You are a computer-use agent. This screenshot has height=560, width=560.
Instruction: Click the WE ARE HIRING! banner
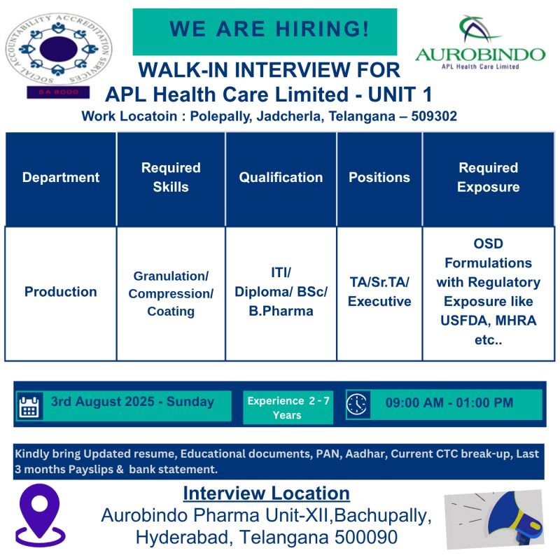tap(265, 31)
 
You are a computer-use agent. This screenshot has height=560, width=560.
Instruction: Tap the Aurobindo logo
tap(480, 43)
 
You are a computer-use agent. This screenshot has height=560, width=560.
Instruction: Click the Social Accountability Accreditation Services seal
tap(59, 48)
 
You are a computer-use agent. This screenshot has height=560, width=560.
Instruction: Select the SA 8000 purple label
tap(58, 92)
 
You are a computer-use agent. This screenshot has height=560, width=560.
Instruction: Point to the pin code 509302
tap(434, 116)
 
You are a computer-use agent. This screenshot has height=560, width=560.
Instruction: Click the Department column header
tap(61, 178)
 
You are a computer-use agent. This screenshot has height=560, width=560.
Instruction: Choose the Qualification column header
tap(281, 178)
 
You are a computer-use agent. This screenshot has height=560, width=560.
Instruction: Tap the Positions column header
tap(379, 178)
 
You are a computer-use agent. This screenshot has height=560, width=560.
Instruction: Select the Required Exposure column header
tap(488, 178)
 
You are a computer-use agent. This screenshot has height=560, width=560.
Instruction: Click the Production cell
tap(61, 292)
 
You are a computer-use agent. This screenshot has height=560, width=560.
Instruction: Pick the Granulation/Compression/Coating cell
tap(171, 293)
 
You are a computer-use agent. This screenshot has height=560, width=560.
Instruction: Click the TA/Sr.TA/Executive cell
tap(379, 292)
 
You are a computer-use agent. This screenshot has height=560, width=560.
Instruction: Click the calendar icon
tap(29, 407)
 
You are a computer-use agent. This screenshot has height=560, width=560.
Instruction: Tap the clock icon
tap(357, 404)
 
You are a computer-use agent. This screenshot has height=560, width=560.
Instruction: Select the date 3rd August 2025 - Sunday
tap(132, 402)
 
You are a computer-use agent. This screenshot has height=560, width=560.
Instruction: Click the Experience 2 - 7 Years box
tap(288, 407)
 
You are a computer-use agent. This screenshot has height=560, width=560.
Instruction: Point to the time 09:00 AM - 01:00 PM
tap(449, 403)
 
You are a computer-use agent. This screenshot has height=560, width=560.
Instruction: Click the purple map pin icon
tap(41, 515)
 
